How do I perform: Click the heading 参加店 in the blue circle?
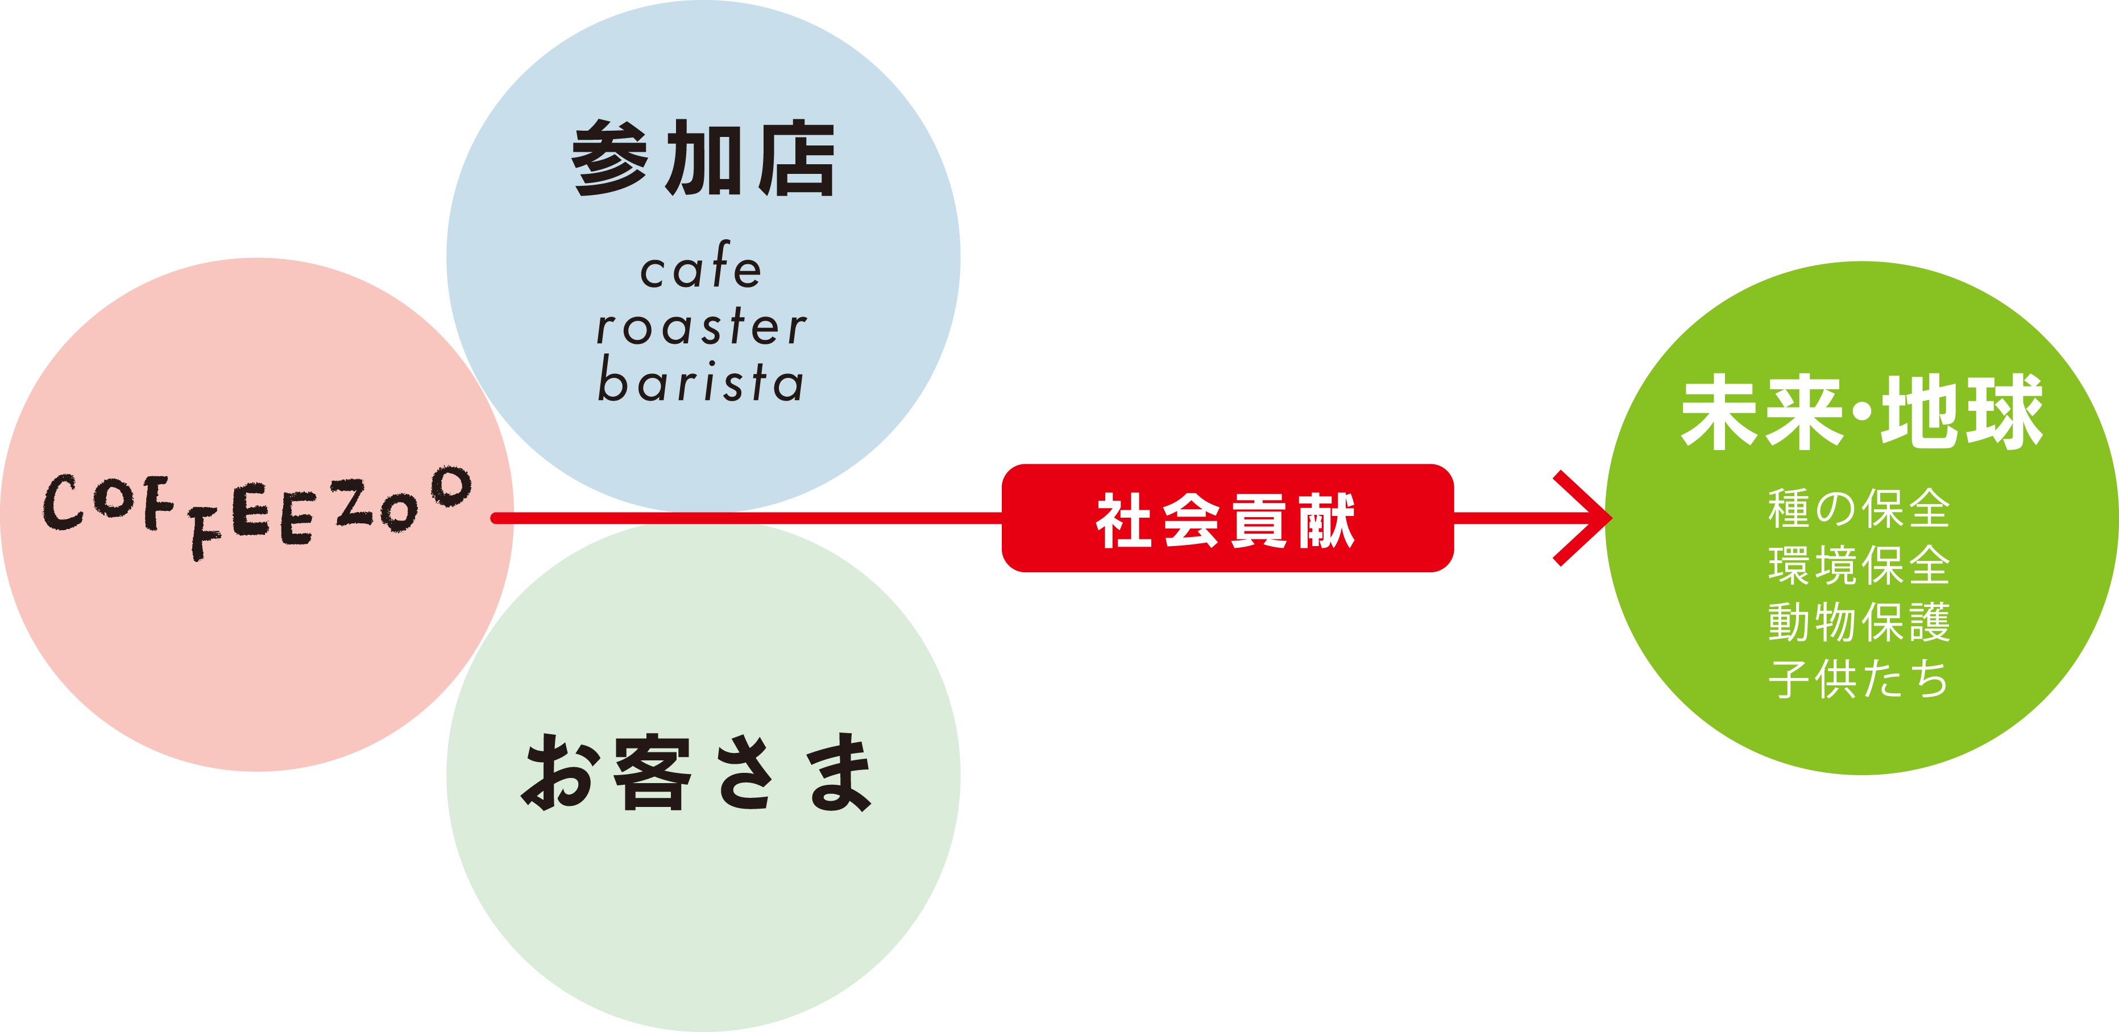tap(703, 159)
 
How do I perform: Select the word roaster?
tap(702, 326)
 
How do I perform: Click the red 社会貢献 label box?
tap(1226, 518)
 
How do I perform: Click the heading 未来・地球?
tap(1861, 413)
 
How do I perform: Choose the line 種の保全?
tap(1859, 508)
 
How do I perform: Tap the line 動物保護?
tap(1859, 622)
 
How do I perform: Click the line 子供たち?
tap(1859, 679)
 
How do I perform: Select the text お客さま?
tap(698, 773)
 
